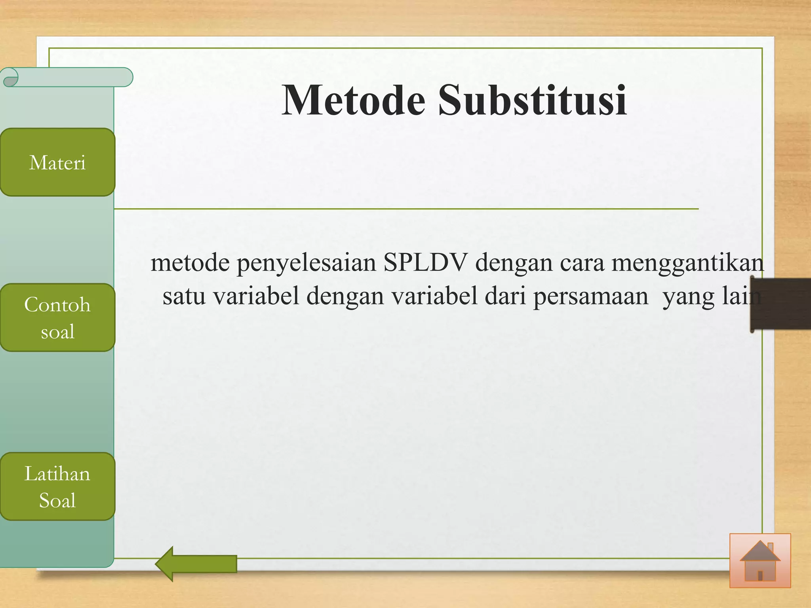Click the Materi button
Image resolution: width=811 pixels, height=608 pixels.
[x=57, y=162]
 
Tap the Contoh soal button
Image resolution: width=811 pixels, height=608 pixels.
[x=57, y=317]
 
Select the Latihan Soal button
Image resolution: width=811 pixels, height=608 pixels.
[x=57, y=486]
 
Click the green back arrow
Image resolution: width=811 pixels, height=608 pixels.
[x=196, y=564]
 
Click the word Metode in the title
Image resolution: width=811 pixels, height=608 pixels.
[x=353, y=101]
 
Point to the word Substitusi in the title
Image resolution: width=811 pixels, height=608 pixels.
[x=532, y=101]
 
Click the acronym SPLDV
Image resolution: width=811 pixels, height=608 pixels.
[x=425, y=262]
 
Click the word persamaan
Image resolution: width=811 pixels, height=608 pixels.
[x=590, y=296]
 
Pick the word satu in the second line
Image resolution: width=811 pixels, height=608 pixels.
[x=184, y=296]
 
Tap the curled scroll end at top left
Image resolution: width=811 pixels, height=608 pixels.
[x=10, y=77]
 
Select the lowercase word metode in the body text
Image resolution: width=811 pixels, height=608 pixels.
[x=190, y=262]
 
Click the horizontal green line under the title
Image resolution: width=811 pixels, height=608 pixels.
[x=406, y=209]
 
